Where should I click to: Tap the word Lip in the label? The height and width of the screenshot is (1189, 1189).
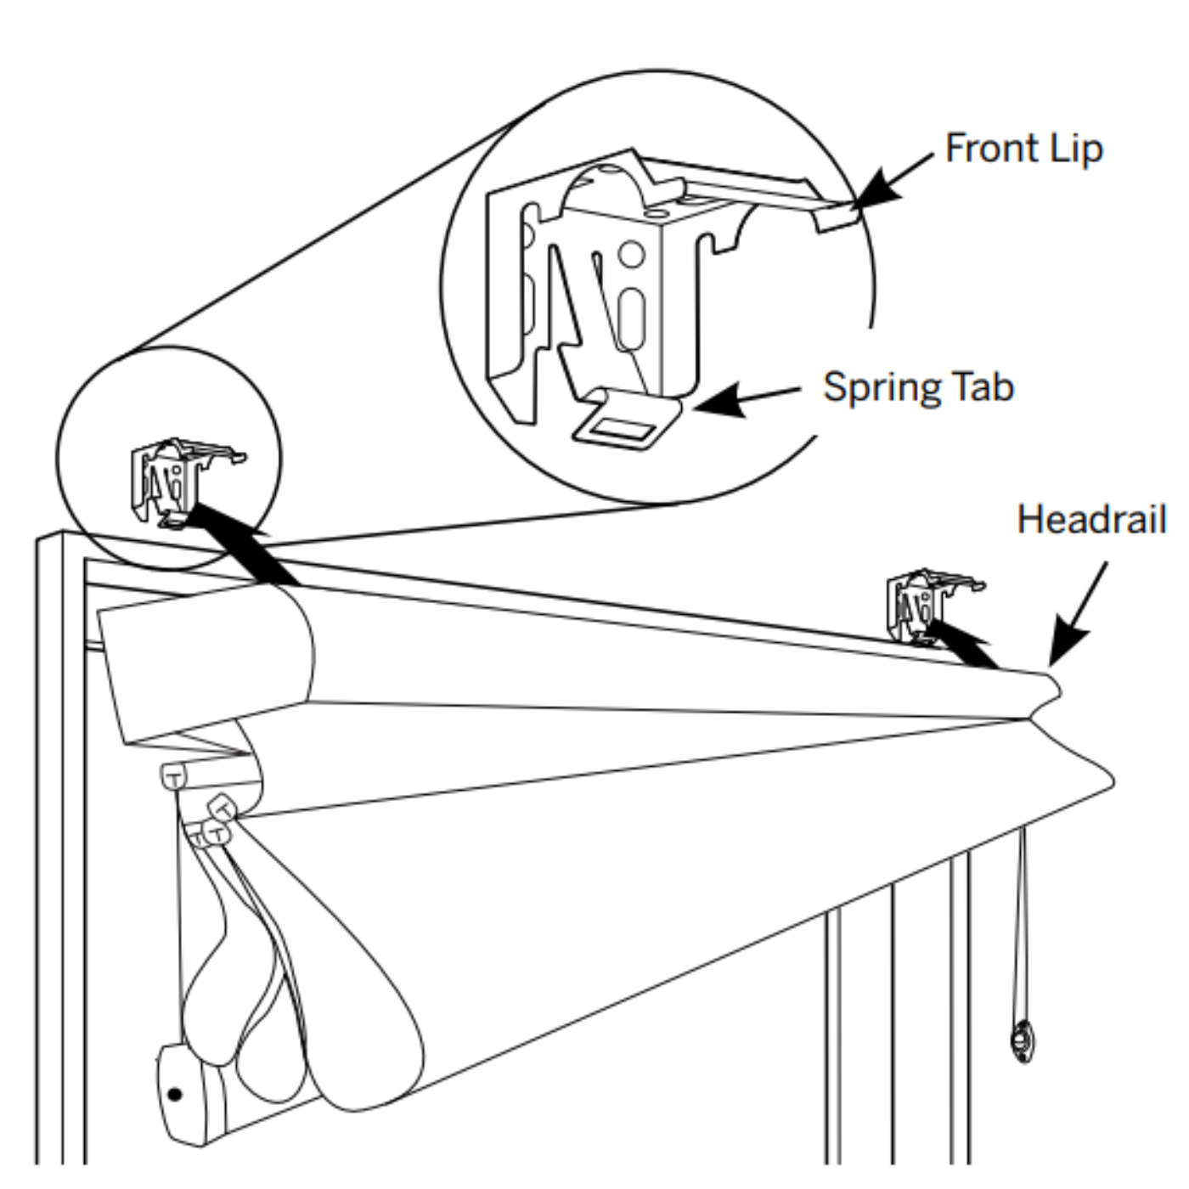(x=1076, y=149)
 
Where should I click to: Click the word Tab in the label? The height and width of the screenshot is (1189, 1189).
(x=983, y=387)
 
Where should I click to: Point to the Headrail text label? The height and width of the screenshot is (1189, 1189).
(x=1091, y=519)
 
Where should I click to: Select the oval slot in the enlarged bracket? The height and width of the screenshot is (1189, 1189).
(x=630, y=318)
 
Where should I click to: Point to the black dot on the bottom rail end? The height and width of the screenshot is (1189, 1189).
(x=175, y=1093)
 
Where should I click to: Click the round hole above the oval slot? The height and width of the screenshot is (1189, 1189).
(x=631, y=253)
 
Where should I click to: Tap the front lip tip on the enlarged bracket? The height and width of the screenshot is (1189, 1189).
(x=837, y=217)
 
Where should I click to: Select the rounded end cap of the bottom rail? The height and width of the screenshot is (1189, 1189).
(x=180, y=1096)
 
